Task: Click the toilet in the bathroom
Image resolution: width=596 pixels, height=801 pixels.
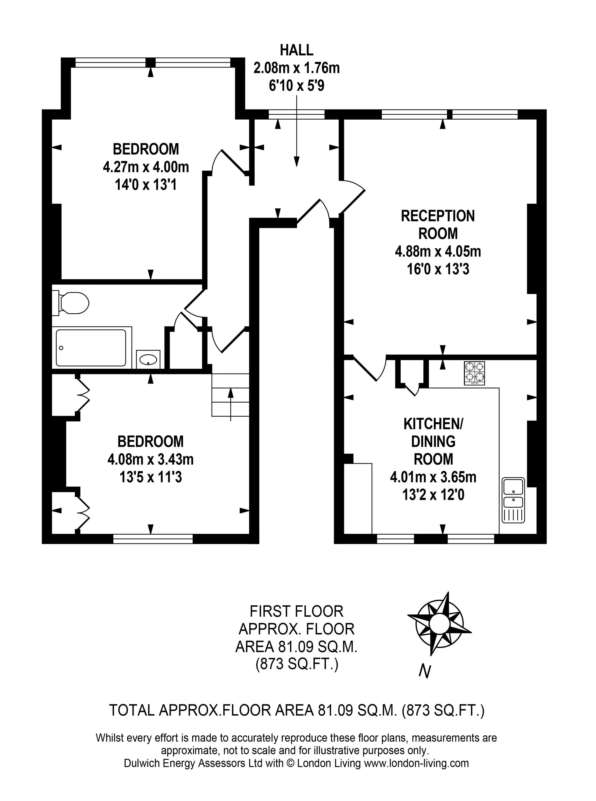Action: click(x=71, y=303)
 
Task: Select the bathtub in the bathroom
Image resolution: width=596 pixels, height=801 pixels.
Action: click(x=92, y=348)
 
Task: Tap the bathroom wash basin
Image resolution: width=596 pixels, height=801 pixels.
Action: click(x=148, y=359)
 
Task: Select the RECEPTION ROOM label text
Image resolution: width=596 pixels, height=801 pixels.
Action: click(x=438, y=225)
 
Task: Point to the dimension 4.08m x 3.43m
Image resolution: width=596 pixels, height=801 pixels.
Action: click(x=150, y=459)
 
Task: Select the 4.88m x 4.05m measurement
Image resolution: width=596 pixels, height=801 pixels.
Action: click(x=438, y=251)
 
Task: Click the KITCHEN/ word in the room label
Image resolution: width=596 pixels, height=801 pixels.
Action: click(x=433, y=424)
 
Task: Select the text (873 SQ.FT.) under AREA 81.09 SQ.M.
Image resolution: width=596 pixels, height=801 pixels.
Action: click(x=297, y=664)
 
